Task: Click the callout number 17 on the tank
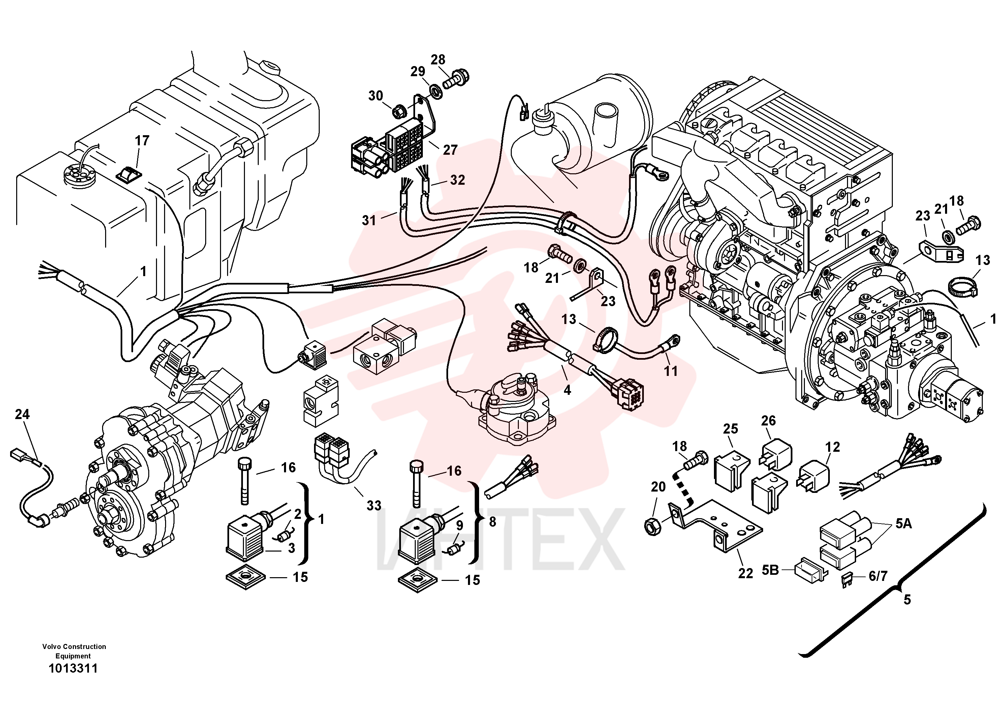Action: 142,140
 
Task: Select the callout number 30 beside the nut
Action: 375,96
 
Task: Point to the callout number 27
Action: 450,150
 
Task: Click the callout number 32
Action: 458,180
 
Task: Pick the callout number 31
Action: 369,220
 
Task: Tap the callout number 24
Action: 22,414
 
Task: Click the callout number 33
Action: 374,505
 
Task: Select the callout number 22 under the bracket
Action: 746,573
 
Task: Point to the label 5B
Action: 771,570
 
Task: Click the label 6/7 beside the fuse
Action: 878,576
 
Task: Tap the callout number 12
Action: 833,447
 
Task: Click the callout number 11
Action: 671,371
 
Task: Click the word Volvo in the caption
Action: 52,647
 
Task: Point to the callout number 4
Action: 567,390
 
